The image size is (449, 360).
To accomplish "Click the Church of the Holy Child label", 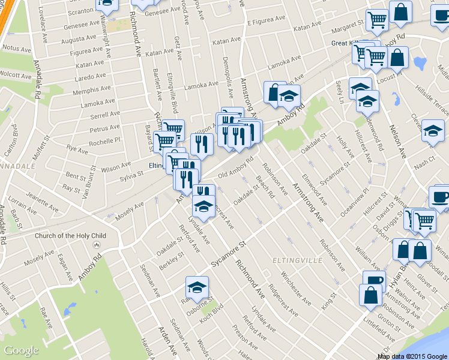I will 70,236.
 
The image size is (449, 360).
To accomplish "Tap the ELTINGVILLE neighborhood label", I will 294,261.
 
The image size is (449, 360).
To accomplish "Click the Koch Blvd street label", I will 212,311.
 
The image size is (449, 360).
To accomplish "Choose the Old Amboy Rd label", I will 237,169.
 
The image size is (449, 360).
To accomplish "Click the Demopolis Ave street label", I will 227,79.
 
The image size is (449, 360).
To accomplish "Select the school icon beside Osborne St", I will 197,287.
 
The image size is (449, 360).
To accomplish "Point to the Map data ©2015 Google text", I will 412,356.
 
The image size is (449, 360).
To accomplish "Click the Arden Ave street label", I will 167,341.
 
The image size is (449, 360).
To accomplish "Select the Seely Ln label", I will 340,92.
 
